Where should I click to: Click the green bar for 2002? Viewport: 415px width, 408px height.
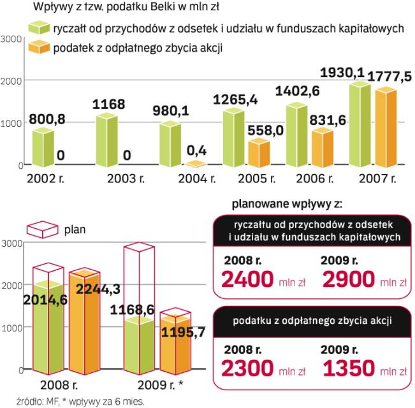[42, 148]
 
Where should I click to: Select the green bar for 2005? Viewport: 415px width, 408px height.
[233, 138]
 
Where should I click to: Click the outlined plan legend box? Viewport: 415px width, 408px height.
[38, 228]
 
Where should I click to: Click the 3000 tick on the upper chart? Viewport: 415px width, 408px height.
[11, 39]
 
